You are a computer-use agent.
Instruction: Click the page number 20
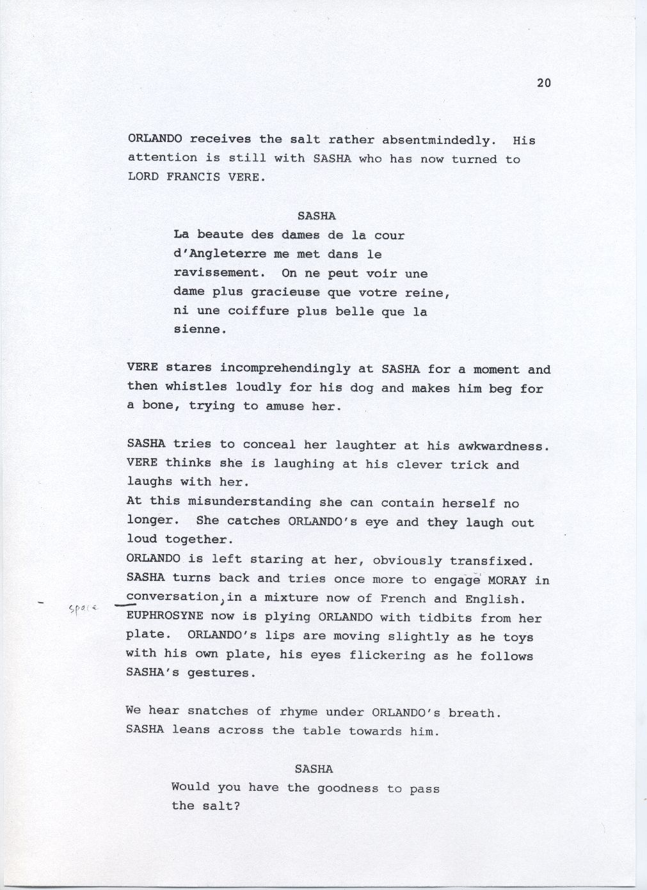[543, 83]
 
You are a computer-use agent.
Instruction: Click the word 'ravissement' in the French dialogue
[218, 273]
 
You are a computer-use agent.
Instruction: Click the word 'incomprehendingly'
[285, 369]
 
